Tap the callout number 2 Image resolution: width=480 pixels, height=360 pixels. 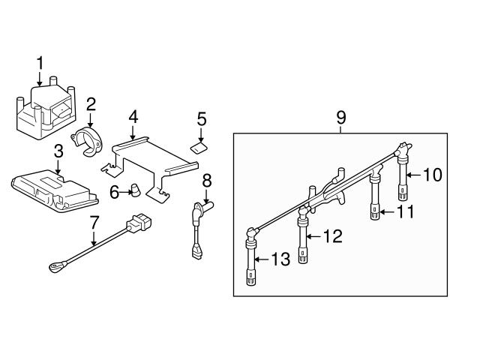[x=90, y=103]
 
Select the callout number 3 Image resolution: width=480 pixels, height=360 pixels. [x=58, y=152]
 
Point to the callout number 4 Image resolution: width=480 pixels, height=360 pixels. [x=133, y=116]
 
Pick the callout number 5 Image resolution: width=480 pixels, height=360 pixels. [x=201, y=118]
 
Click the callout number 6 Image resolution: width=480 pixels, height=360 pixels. [x=115, y=193]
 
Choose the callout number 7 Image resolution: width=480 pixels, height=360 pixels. [x=94, y=223]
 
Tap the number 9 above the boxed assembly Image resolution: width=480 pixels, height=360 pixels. [x=341, y=117]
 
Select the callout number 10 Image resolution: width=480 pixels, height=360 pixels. [x=433, y=175]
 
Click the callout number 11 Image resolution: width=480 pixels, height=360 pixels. [x=406, y=211]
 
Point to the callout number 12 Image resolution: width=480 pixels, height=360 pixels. [x=333, y=237]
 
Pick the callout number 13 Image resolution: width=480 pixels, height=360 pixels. [x=280, y=259]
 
